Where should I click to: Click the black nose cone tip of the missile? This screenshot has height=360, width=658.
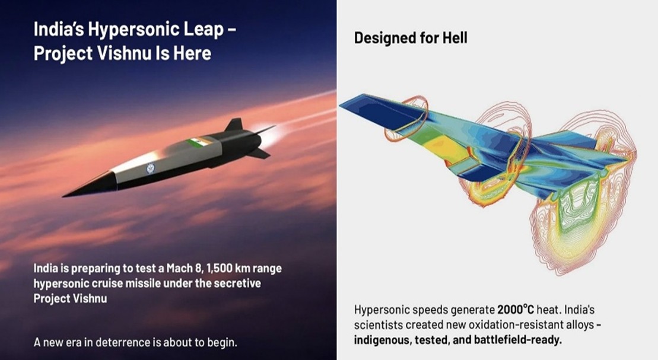[x=64, y=196]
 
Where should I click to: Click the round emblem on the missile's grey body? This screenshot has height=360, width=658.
[x=151, y=168]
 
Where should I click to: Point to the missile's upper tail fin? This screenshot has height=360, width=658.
[x=234, y=125]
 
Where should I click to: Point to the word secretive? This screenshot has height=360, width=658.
[x=237, y=283]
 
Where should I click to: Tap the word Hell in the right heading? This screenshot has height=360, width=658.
[x=454, y=38]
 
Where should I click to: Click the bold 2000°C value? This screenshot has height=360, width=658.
[x=516, y=310]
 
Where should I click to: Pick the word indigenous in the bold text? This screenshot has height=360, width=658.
[x=382, y=340]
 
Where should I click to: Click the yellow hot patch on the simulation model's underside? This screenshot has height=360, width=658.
[x=441, y=148]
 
